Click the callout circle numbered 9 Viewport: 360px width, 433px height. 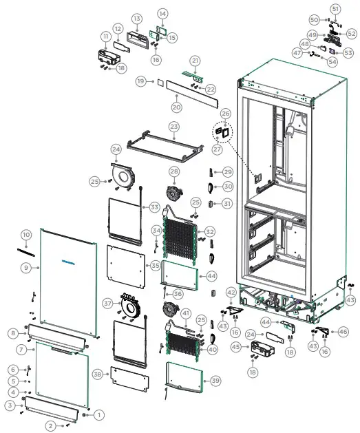[x=25, y=267]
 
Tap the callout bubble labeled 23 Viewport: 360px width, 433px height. [x=174, y=127]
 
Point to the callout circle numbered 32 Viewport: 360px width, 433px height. [x=210, y=231]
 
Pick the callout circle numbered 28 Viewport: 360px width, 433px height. [x=174, y=171]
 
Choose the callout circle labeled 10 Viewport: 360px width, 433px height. [x=25, y=235]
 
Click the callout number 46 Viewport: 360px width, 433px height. [x=343, y=332]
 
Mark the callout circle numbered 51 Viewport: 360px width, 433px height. [x=335, y=8]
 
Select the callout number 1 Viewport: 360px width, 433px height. [x=98, y=414]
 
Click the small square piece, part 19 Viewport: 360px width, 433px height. [x=158, y=81]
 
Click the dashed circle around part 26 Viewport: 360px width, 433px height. [x=224, y=131]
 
